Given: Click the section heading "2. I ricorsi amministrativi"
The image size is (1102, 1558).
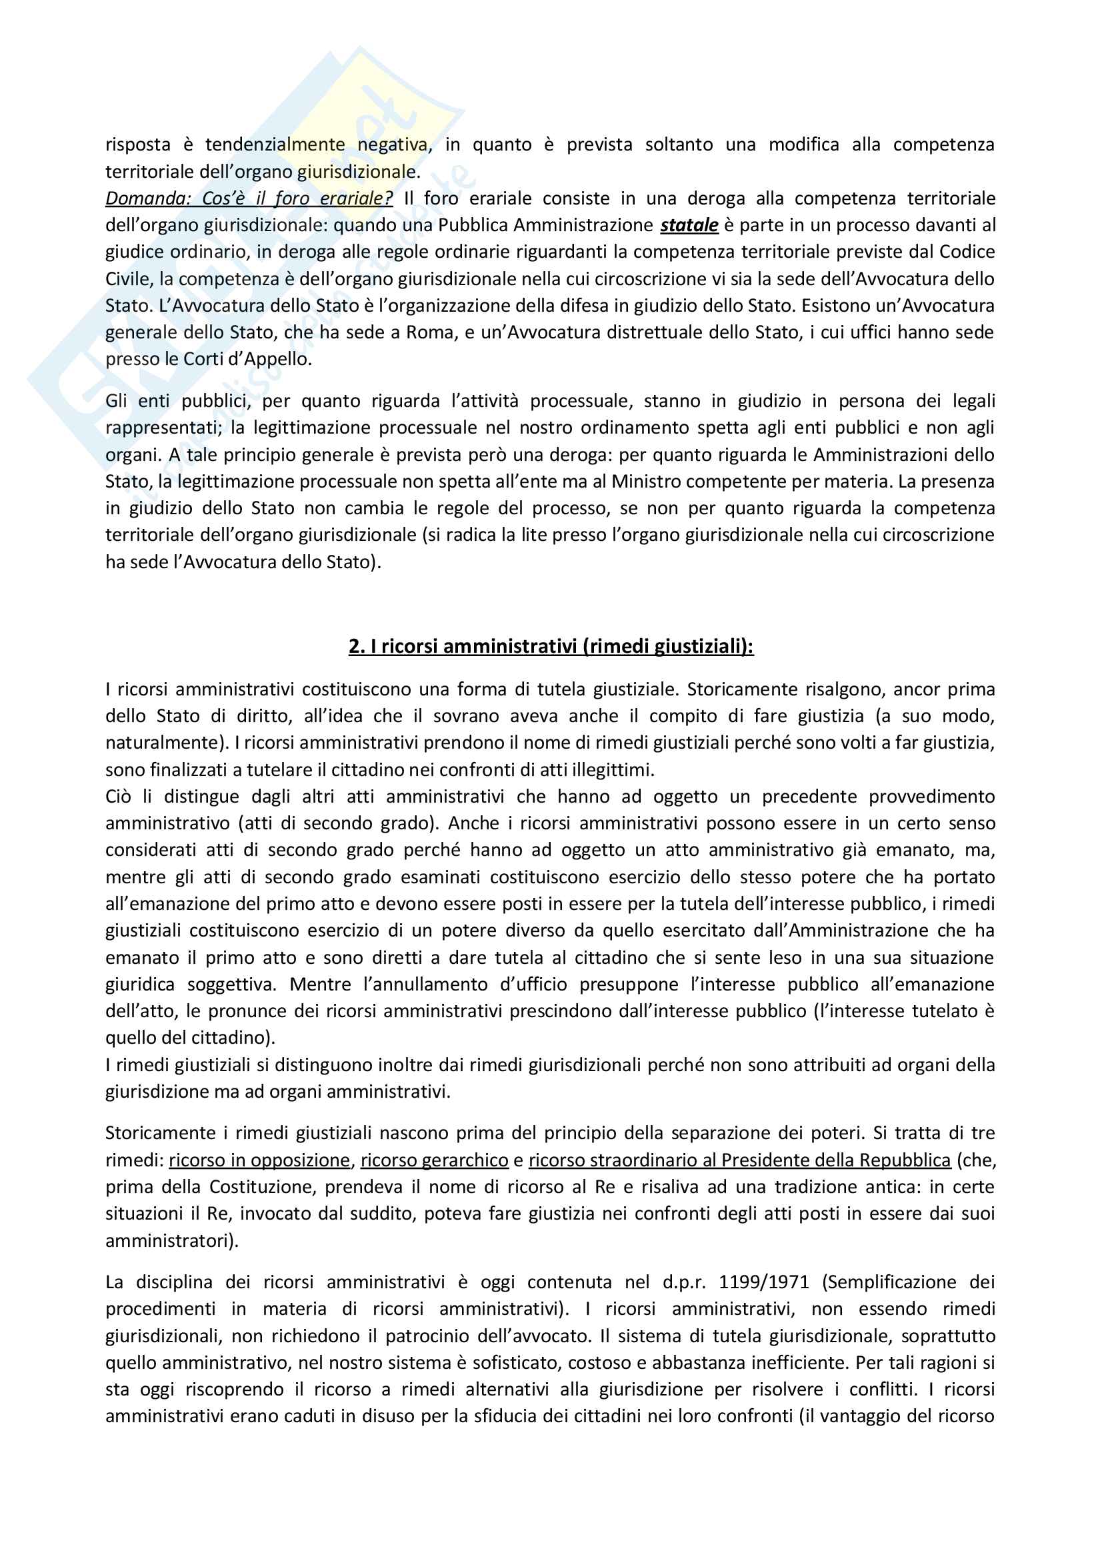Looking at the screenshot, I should (x=551, y=646).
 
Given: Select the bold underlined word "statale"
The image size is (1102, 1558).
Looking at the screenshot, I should (x=689, y=224).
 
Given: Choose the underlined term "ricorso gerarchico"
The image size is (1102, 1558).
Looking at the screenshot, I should (x=434, y=1160).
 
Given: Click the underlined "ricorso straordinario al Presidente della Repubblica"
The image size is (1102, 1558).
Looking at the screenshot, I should (x=739, y=1160).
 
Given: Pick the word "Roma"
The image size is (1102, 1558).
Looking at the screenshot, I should (x=431, y=332).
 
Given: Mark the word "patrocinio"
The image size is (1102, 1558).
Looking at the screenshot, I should (x=426, y=1336).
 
